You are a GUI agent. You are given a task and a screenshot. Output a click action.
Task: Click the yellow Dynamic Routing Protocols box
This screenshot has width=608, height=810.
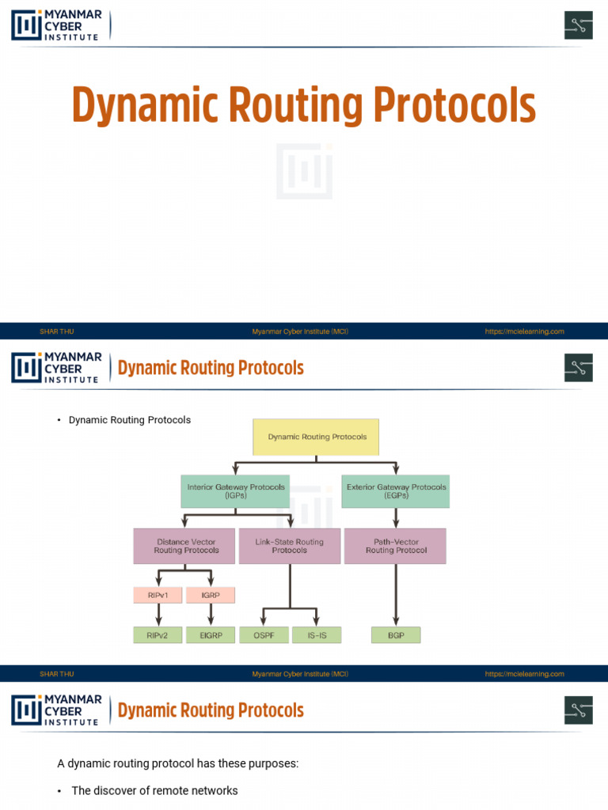point(316,437)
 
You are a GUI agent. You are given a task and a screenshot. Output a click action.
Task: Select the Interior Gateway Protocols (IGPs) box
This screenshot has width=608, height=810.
point(236,490)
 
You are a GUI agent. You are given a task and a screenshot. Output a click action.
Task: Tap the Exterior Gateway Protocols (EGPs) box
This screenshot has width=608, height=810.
point(396,490)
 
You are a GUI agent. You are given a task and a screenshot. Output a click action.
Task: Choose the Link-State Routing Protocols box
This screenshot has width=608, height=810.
point(289,546)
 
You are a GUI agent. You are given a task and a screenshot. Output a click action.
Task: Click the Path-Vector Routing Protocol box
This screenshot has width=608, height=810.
point(395,546)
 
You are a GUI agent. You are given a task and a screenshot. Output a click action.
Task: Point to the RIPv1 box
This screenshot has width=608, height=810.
point(158,595)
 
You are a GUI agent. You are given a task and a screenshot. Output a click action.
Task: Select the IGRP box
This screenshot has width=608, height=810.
point(211,595)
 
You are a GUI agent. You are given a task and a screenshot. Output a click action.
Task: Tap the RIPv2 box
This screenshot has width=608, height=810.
point(158,635)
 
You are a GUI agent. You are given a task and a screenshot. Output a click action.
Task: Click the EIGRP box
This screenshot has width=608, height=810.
point(211,635)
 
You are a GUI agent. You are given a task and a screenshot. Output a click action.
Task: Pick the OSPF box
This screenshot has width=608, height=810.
point(264,635)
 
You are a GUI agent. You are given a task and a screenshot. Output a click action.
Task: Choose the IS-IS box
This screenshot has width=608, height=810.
point(317,635)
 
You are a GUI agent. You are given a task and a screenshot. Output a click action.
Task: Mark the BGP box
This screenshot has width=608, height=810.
point(396,635)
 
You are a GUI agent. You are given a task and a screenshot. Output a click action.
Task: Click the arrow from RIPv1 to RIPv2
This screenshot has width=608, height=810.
point(158,615)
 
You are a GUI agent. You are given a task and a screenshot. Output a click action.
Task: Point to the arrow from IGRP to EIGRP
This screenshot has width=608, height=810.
point(211,615)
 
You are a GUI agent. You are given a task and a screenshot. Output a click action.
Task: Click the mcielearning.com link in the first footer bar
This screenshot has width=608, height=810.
point(524,331)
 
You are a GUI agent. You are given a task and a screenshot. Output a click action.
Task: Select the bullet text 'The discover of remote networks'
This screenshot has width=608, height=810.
point(154,790)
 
